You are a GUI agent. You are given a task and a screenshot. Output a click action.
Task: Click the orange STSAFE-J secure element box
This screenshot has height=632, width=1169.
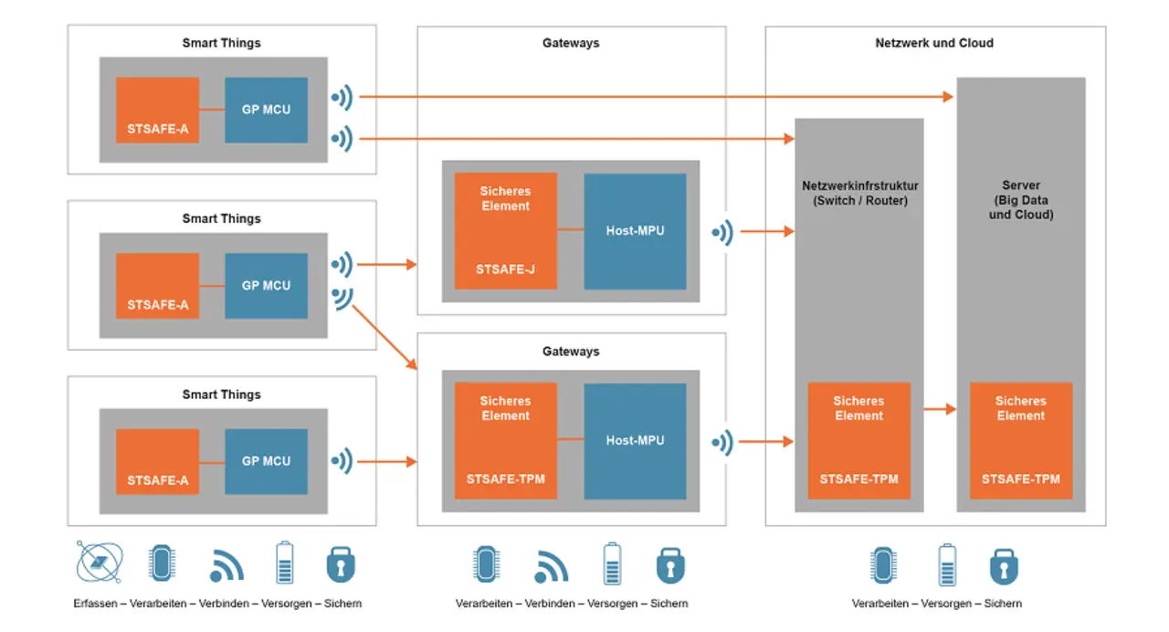click(x=506, y=231)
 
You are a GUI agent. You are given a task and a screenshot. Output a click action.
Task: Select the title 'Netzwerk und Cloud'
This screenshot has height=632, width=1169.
click(x=934, y=43)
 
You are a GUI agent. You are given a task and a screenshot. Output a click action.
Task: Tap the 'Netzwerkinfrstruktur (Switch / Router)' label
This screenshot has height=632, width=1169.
click(x=858, y=194)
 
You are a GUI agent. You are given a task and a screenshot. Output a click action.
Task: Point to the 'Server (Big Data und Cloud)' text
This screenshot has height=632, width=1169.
click(x=1020, y=200)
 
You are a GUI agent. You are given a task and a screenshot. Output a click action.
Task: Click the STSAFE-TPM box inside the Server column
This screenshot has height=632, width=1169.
click(x=1020, y=440)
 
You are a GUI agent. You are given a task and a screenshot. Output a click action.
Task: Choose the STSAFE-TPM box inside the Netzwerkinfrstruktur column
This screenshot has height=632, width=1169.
click(x=858, y=440)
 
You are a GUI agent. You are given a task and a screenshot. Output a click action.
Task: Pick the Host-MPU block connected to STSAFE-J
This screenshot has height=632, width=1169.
click(x=635, y=231)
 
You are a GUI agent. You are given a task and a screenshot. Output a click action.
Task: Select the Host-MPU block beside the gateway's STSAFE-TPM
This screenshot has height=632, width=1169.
click(x=635, y=441)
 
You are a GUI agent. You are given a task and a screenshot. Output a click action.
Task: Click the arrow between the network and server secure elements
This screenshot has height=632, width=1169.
click(x=940, y=409)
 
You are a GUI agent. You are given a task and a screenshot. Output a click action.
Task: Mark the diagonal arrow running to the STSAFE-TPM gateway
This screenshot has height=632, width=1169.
click(x=384, y=338)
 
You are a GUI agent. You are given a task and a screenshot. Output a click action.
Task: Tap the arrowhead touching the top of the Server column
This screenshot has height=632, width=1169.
click(x=948, y=96)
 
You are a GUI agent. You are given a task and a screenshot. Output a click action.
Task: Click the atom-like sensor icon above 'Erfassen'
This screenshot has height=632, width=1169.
click(x=100, y=564)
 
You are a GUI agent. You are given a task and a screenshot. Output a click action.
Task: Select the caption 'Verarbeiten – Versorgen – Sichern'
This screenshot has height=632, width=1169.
click(x=936, y=604)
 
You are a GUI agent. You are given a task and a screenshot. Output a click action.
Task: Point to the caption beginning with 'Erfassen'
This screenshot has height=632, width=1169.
click(x=217, y=604)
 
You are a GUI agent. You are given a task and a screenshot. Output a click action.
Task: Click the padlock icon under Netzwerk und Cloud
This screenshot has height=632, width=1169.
click(x=1004, y=565)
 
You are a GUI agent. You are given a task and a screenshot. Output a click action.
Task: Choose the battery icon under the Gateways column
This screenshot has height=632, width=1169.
click(x=611, y=564)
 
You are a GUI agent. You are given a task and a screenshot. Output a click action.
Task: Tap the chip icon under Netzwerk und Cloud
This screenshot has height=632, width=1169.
click(x=881, y=565)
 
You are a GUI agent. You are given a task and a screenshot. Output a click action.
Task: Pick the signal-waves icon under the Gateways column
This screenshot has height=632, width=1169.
click(x=551, y=566)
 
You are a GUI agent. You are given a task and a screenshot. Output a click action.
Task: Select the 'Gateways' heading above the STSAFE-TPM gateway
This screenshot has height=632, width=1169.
click(x=571, y=352)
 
